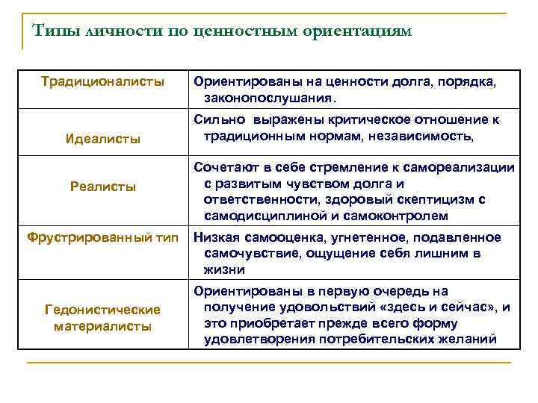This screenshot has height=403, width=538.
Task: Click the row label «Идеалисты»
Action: coord(103,139)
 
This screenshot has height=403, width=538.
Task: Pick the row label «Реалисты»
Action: coord(103,187)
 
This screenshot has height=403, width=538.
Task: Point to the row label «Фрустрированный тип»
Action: coord(103,237)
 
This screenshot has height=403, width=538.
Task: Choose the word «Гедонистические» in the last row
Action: coord(103,309)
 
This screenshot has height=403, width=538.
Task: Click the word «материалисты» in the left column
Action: coord(103,325)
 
